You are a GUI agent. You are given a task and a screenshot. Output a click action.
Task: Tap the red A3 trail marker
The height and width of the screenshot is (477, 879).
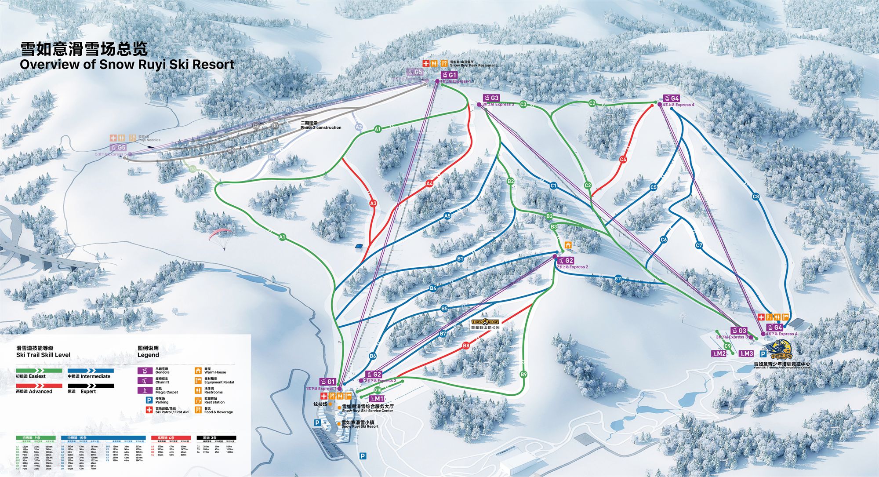[373, 204]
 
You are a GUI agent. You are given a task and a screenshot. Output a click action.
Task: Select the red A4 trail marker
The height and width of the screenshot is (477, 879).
[429, 183]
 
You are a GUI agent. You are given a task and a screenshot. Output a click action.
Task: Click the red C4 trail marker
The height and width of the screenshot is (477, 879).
[623, 160]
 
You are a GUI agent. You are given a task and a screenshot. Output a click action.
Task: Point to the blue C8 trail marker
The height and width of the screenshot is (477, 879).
[756, 197]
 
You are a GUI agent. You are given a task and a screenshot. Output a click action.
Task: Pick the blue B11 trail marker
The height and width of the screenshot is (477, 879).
[618, 279]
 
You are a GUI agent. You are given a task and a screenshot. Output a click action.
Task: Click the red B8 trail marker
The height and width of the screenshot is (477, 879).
[466, 346]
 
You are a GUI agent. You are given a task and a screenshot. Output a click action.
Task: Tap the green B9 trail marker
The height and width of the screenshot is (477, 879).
[523, 375]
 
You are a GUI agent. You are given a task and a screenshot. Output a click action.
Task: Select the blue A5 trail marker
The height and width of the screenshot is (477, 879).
[447, 216]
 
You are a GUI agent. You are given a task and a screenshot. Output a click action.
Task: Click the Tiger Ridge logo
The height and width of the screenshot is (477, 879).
[485, 322]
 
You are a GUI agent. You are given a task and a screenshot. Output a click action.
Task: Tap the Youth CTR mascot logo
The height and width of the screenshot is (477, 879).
[781, 351]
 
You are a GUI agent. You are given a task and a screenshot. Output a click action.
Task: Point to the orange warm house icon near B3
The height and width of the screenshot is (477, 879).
[568, 245]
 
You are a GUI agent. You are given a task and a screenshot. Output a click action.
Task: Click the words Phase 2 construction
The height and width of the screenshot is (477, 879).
[321, 127]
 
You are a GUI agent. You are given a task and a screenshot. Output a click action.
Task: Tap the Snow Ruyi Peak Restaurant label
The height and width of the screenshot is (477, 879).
[473, 66]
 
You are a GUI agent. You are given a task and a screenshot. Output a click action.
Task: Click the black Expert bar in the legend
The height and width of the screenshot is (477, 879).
[91, 386]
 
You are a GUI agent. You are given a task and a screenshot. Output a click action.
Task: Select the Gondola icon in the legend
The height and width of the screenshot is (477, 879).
[145, 371]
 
